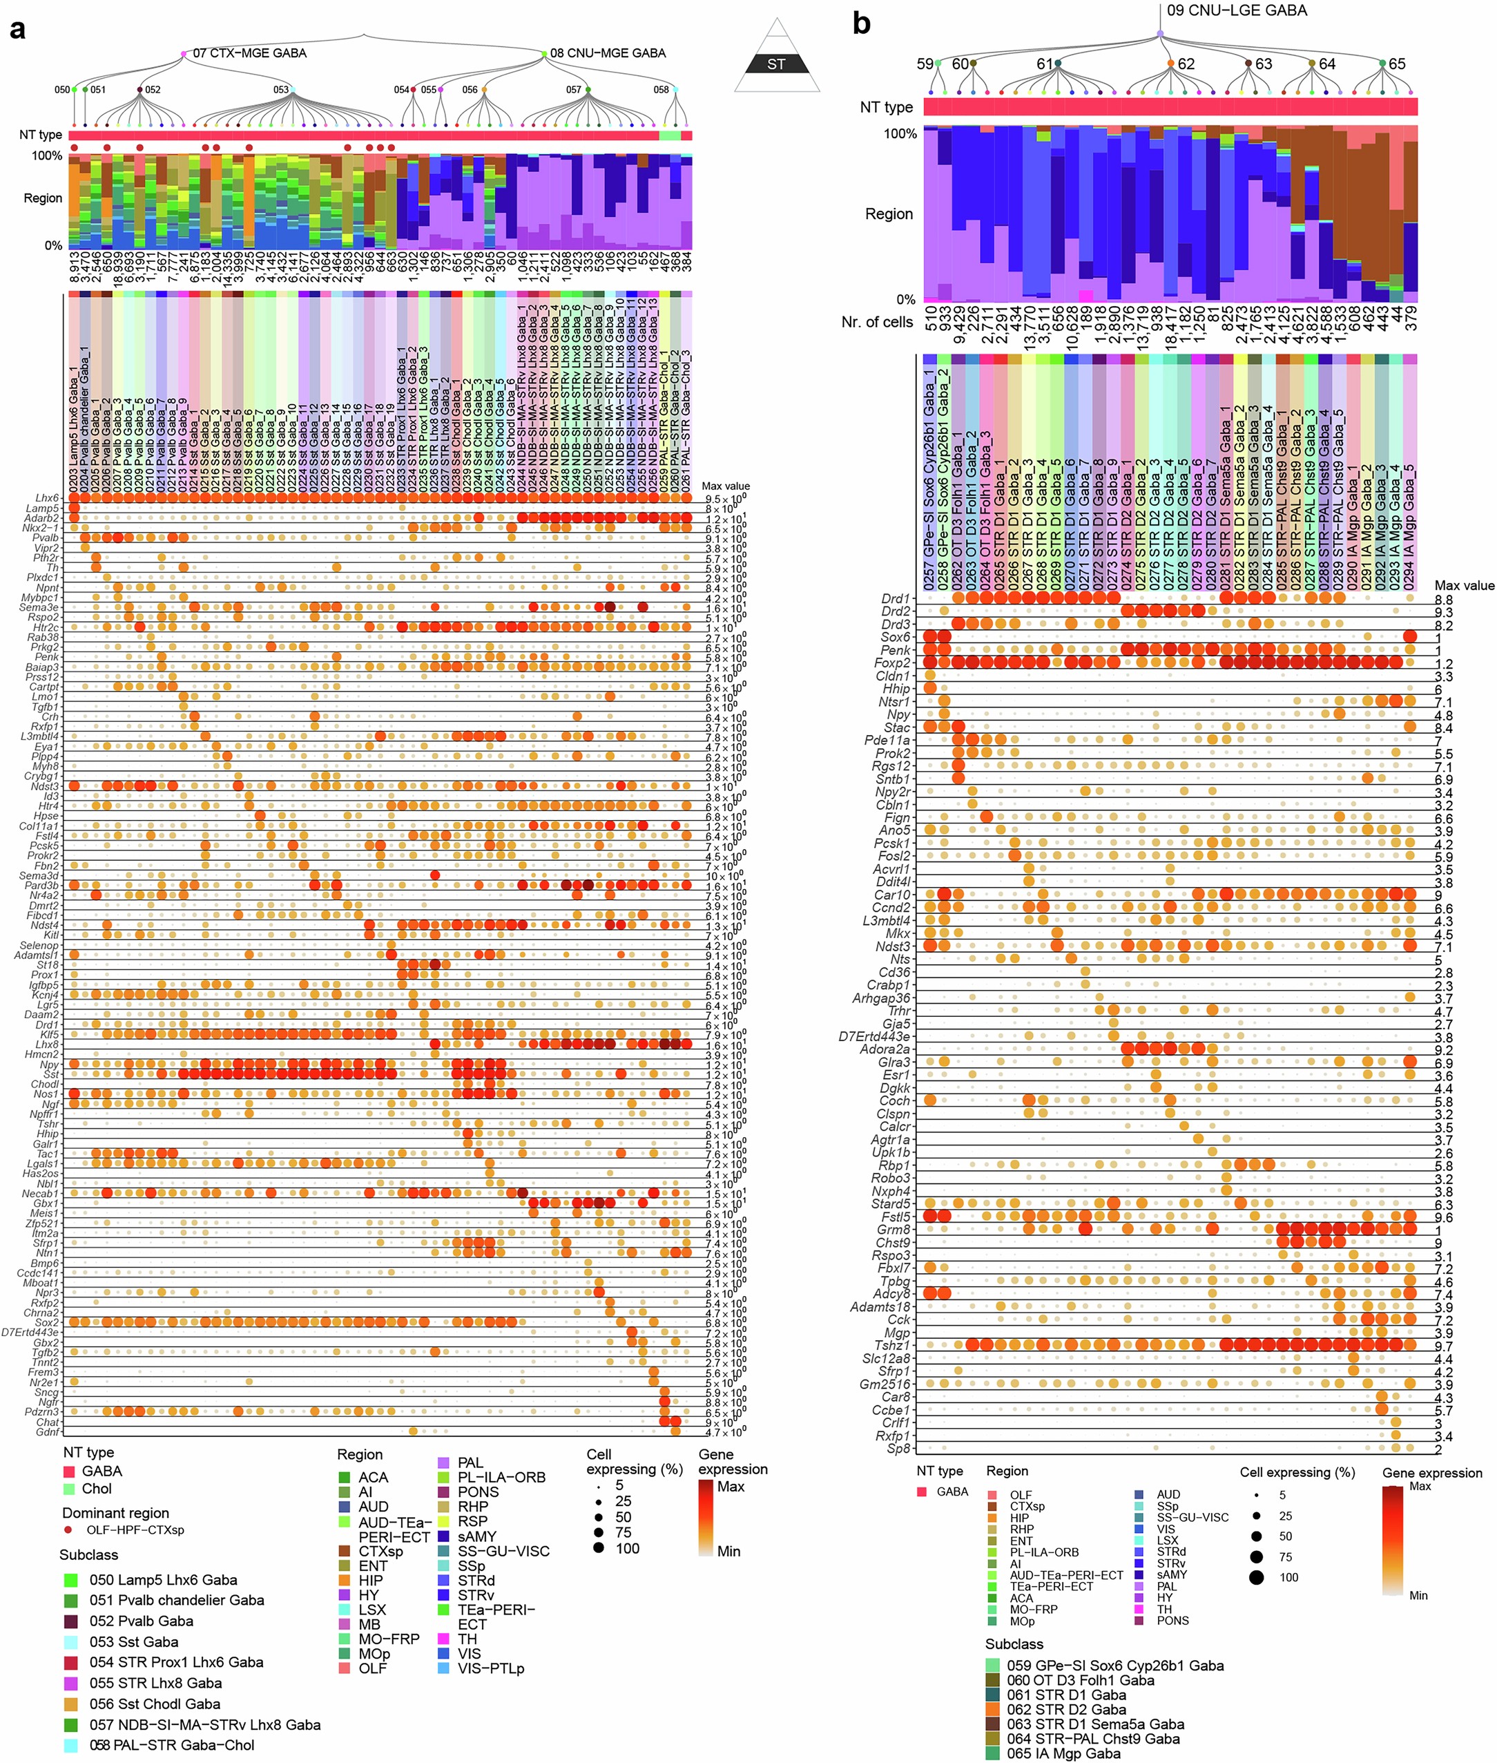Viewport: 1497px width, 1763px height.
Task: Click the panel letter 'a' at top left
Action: (17, 30)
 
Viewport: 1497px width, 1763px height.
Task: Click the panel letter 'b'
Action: (861, 23)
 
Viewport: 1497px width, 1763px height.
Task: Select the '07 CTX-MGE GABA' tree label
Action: (249, 53)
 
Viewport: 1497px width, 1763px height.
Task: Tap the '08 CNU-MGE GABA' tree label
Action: (607, 53)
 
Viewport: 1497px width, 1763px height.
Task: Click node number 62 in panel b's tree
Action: (1186, 64)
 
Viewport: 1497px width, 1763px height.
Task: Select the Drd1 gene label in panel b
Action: (896, 599)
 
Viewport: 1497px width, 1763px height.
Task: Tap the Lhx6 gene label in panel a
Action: (48, 498)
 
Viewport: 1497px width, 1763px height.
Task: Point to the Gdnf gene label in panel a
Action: (48, 1432)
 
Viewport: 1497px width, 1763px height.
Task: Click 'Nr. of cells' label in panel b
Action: (877, 322)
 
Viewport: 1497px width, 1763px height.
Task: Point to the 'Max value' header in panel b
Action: (1463, 585)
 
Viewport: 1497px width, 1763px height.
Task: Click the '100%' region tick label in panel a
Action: (47, 155)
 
